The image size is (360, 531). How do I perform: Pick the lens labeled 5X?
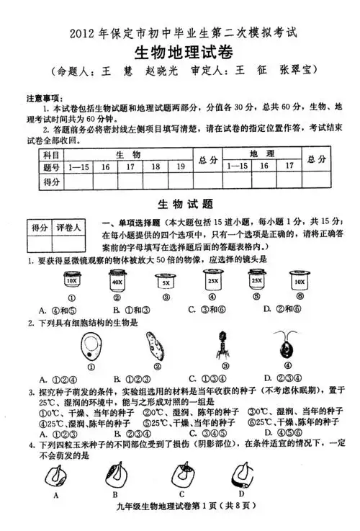click(x=165, y=282)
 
